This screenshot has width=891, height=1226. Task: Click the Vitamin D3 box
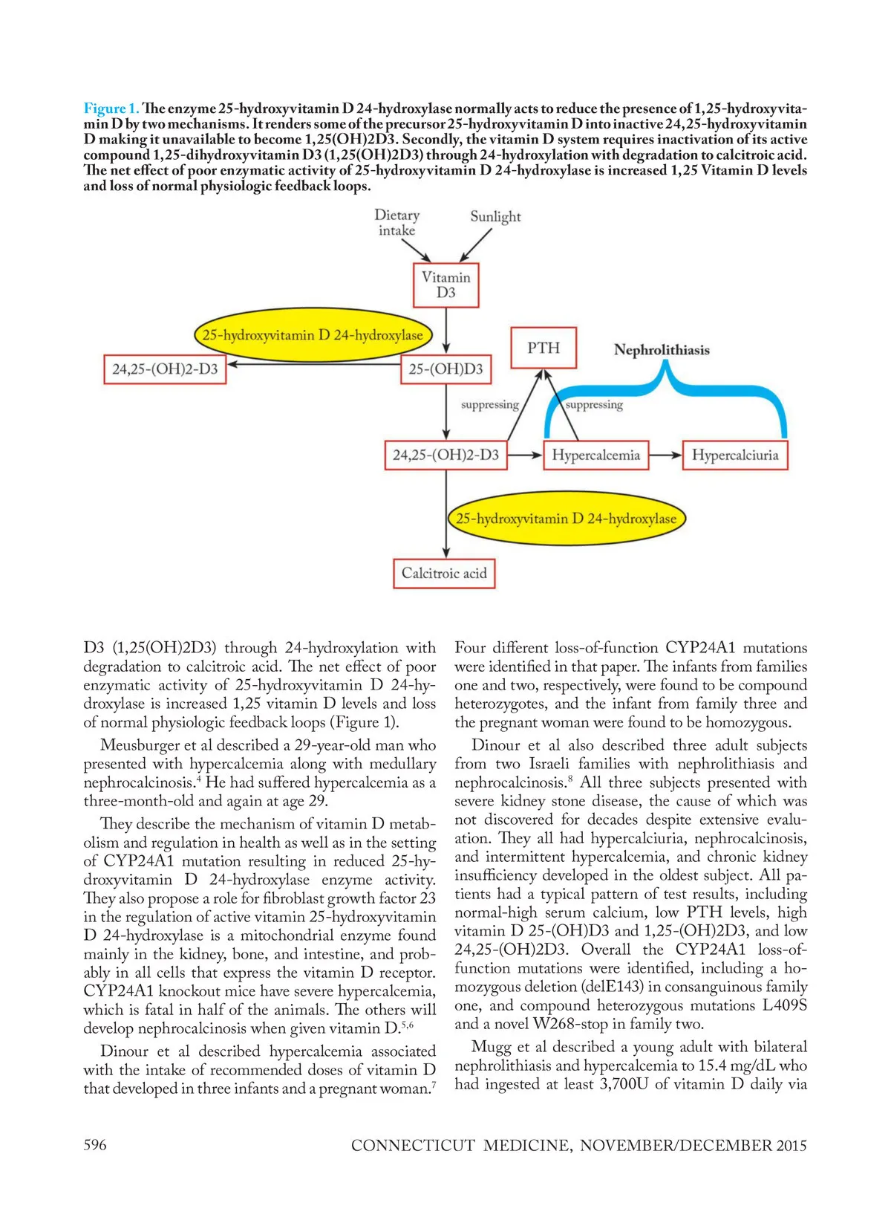pyautogui.click(x=446, y=285)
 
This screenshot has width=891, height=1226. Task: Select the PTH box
pyautogui.click(x=544, y=348)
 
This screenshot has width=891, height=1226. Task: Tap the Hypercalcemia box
pyautogui.click(x=595, y=455)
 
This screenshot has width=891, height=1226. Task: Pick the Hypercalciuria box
pyautogui.click(x=734, y=455)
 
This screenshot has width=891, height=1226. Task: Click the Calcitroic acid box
pyautogui.click(x=444, y=573)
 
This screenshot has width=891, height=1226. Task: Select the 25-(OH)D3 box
pyautogui.click(x=446, y=369)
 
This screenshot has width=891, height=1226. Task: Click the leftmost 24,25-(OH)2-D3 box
pyautogui.click(x=165, y=369)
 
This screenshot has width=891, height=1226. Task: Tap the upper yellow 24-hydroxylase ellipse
pyautogui.click(x=312, y=335)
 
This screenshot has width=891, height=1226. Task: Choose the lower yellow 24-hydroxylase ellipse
pyautogui.click(x=566, y=519)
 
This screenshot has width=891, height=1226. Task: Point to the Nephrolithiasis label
pyautogui.click(x=662, y=350)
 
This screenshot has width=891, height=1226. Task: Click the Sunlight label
pyautogui.click(x=495, y=216)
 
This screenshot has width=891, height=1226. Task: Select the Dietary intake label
pyautogui.click(x=396, y=222)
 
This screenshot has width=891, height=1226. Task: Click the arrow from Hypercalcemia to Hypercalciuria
pyautogui.click(x=665, y=455)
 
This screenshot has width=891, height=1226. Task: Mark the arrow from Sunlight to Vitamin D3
pyautogui.click(x=475, y=244)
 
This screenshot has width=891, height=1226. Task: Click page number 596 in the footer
pyautogui.click(x=95, y=1144)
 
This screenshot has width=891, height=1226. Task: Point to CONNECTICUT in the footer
pyautogui.click(x=413, y=1145)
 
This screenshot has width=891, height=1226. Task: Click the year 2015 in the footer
pyautogui.click(x=791, y=1145)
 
